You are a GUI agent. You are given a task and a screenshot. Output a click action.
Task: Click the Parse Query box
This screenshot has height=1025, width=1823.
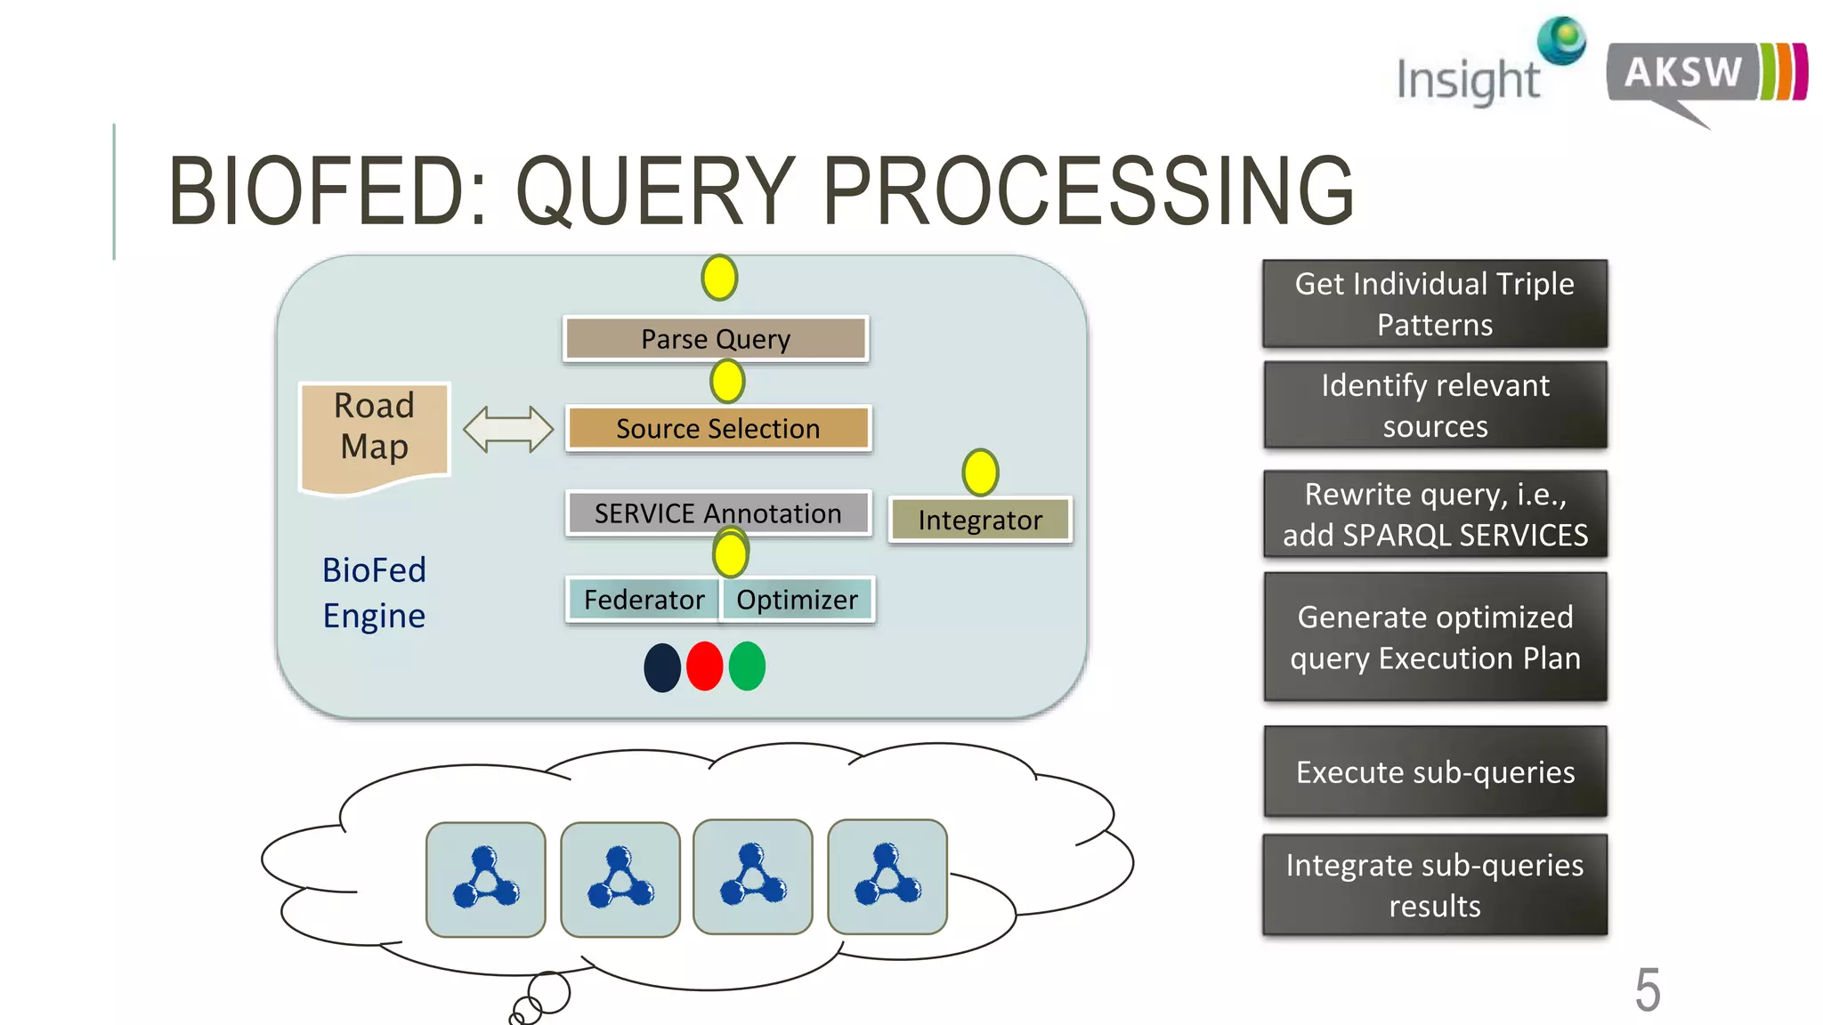716,339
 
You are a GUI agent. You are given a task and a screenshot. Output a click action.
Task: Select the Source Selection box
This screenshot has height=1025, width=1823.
717,429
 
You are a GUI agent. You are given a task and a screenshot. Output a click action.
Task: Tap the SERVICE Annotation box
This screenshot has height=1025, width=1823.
717,513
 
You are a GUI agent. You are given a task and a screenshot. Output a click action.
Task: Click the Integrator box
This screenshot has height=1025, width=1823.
980,521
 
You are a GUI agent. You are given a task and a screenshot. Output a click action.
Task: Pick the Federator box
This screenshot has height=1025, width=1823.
644,600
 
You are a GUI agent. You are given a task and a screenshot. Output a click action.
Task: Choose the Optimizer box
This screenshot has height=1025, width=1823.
798,600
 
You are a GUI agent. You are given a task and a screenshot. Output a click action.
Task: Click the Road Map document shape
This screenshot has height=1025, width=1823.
375,434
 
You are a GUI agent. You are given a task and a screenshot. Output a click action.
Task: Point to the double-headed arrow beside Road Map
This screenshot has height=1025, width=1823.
508,429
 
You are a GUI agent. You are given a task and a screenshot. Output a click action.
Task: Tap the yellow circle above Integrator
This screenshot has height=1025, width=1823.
980,472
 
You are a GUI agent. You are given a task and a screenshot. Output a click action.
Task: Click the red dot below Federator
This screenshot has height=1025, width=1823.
704,666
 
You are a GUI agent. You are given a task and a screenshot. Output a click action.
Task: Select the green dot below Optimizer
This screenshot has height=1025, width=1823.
747,666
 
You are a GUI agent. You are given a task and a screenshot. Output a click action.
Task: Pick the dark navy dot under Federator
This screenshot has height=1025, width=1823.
662,667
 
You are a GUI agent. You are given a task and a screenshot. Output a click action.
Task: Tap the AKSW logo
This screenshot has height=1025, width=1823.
1705,76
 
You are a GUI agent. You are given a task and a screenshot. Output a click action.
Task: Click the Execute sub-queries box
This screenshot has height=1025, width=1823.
1435,771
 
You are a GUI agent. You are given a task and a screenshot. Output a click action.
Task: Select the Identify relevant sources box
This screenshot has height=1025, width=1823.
1435,406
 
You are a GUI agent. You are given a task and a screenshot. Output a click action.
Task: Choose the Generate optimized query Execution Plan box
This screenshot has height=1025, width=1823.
1435,637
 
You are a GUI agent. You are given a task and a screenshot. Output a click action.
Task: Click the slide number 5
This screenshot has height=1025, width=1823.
1648,989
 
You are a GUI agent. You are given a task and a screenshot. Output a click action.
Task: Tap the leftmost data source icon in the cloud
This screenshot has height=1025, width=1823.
486,878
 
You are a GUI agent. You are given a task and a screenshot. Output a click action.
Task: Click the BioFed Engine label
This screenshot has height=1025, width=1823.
374,593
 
